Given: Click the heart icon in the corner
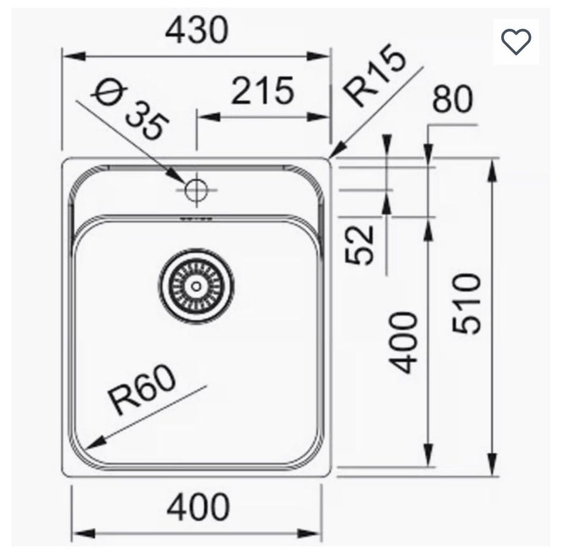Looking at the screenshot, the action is [x=516, y=42].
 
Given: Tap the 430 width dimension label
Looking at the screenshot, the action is [x=197, y=30].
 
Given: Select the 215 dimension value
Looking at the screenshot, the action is [x=263, y=91].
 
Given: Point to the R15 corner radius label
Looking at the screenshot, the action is [x=375, y=75].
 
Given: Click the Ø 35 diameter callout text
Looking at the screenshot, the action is [x=131, y=111].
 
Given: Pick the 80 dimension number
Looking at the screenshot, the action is [x=453, y=98].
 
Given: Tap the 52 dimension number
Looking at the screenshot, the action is [x=359, y=245].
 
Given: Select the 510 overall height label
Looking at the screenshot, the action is [x=466, y=303].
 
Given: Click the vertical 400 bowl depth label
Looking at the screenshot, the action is [x=403, y=343].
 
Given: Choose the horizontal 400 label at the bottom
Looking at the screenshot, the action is [x=198, y=507].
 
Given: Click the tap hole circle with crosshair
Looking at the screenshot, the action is [x=196, y=190].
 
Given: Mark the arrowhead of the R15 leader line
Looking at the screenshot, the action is [x=338, y=150].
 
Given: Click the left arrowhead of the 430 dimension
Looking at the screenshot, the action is [x=74, y=56].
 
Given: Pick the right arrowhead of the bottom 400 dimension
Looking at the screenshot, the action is [x=310, y=534].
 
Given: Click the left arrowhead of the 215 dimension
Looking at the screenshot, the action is [x=208, y=116].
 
